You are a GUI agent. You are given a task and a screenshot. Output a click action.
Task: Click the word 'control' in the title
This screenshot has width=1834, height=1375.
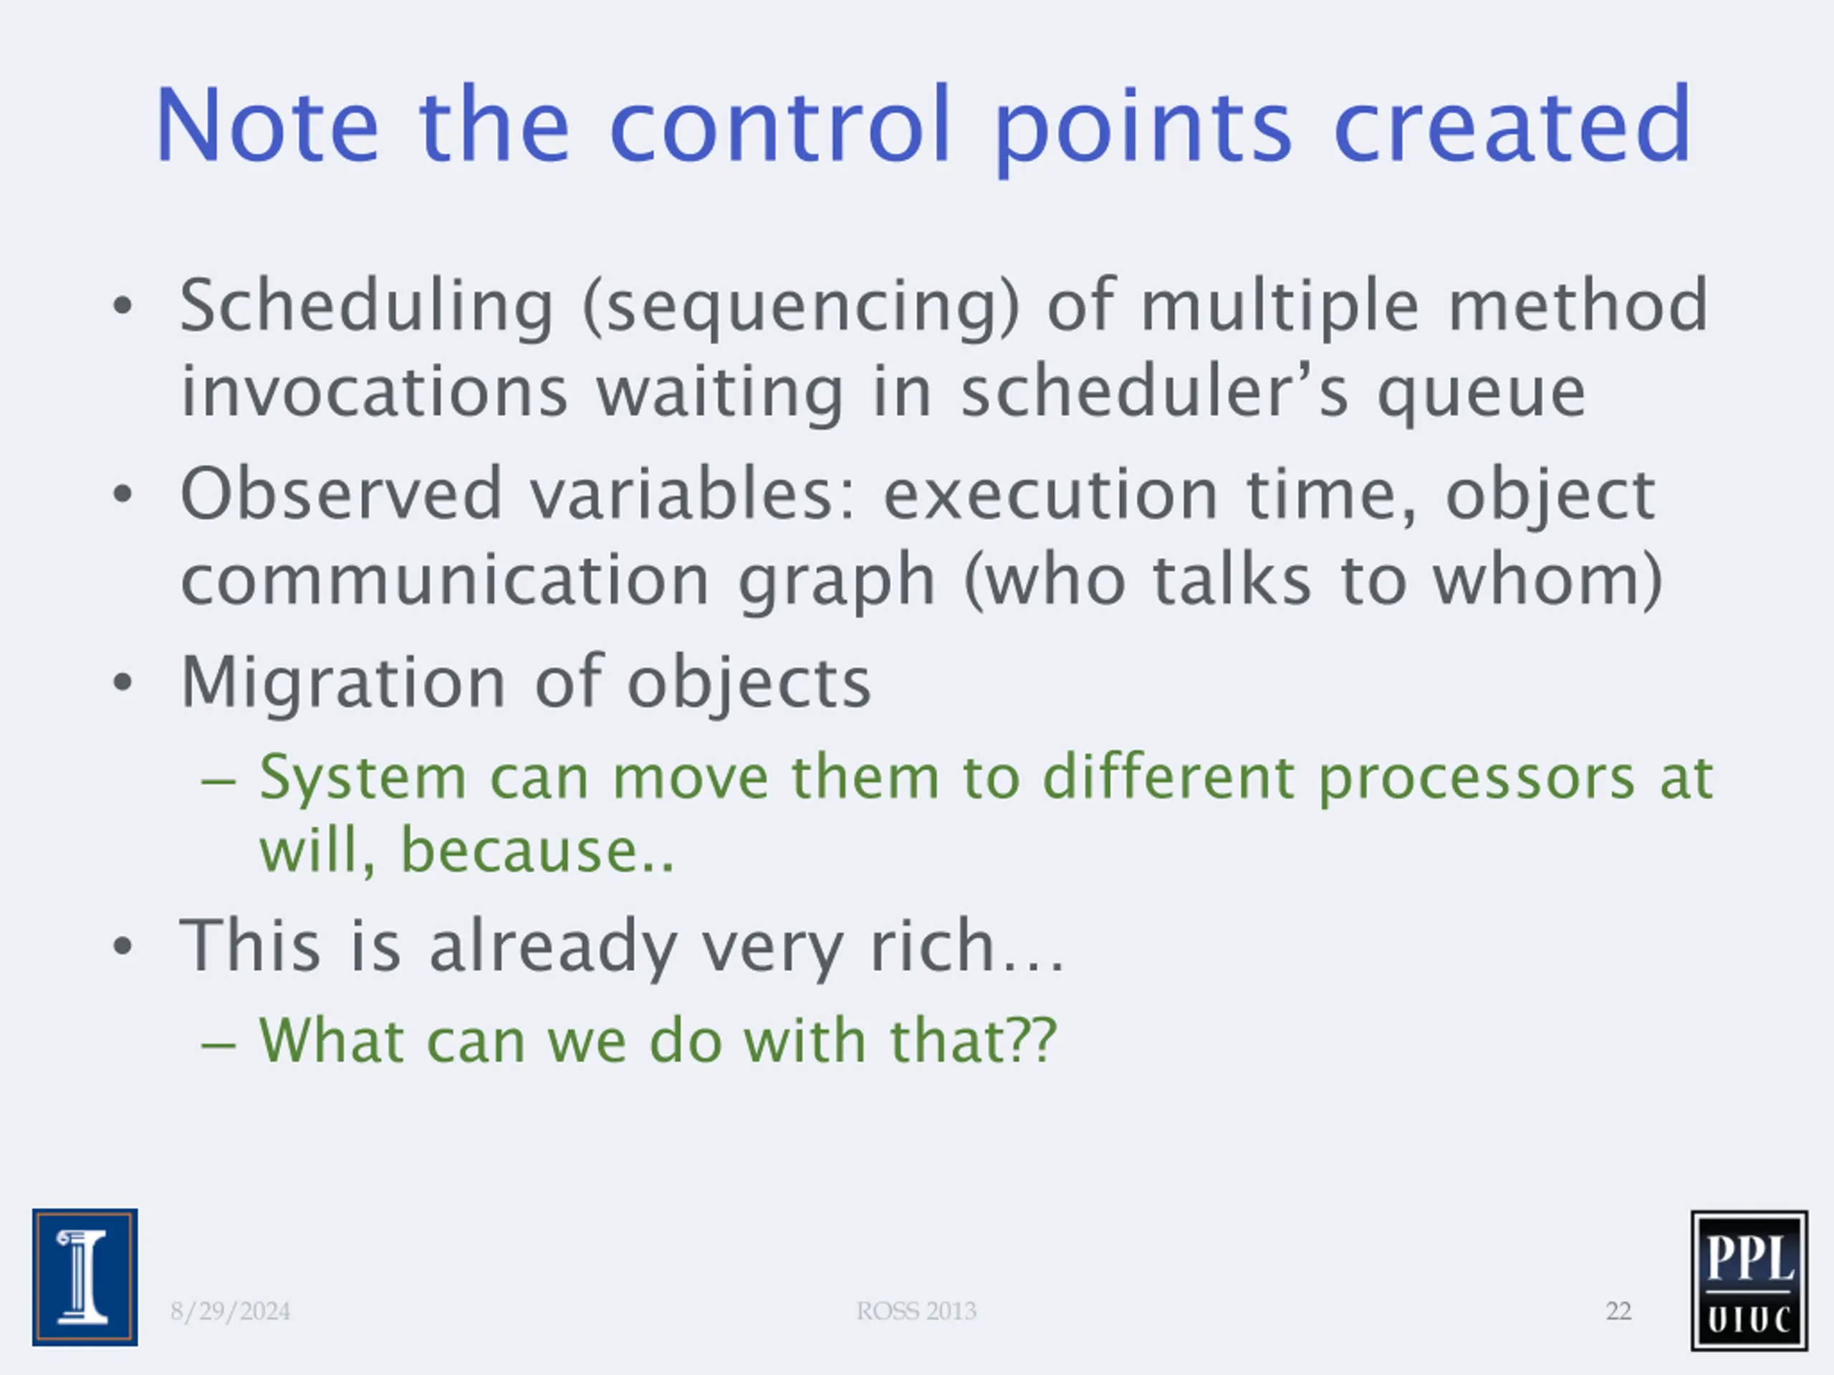click(x=780, y=125)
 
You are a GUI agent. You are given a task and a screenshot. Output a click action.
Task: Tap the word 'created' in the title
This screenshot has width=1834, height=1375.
click(x=1512, y=125)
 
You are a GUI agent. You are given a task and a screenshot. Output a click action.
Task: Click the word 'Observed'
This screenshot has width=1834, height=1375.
click(x=342, y=494)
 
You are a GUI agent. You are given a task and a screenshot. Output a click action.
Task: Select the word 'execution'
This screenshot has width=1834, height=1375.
click(x=1050, y=494)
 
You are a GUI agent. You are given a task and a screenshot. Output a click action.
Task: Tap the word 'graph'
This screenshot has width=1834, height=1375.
click(x=837, y=582)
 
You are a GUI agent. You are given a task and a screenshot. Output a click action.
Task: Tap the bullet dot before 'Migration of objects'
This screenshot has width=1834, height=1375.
click(x=123, y=683)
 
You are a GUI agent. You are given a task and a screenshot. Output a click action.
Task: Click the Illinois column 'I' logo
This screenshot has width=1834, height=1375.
click(x=85, y=1277)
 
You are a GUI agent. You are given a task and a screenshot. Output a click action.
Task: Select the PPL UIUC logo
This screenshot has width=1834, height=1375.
click(x=1749, y=1280)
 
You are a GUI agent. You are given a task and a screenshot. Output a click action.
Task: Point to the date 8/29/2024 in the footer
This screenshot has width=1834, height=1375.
click(x=231, y=1311)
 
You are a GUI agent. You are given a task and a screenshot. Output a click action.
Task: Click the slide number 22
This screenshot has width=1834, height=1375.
click(x=1618, y=1311)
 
